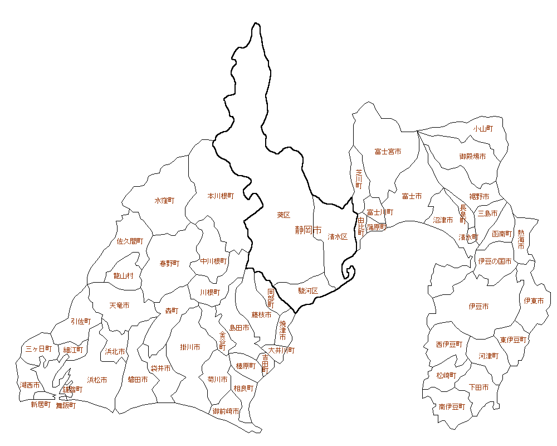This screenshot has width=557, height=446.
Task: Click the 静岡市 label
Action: click(x=309, y=230)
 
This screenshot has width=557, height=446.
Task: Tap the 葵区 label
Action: click(x=284, y=215)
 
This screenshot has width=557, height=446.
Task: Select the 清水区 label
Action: click(x=338, y=236)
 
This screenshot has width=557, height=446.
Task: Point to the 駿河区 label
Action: click(x=307, y=290)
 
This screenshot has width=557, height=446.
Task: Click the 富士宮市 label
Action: click(x=388, y=152)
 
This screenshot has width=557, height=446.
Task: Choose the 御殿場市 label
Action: click(x=472, y=157)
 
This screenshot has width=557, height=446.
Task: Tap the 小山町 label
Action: click(x=483, y=128)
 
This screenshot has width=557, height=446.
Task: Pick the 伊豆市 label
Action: click(x=479, y=307)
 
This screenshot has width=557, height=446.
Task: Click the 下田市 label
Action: click(x=478, y=387)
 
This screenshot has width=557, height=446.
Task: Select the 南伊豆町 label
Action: click(x=451, y=406)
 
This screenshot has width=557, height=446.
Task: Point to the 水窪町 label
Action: click(x=164, y=200)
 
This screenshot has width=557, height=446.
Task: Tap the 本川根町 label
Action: click(x=221, y=196)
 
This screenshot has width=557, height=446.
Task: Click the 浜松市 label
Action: click(x=97, y=380)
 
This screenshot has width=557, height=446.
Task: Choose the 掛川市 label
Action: click(x=190, y=347)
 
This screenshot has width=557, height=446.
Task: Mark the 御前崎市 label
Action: click(x=226, y=411)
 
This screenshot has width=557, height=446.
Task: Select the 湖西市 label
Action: click(x=30, y=385)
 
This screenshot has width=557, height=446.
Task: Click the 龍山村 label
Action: click(x=123, y=275)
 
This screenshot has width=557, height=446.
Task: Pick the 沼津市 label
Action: click(x=443, y=220)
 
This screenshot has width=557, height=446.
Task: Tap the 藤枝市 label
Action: click(x=261, y=315)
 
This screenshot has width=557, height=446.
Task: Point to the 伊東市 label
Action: click(x=534, y=301)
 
